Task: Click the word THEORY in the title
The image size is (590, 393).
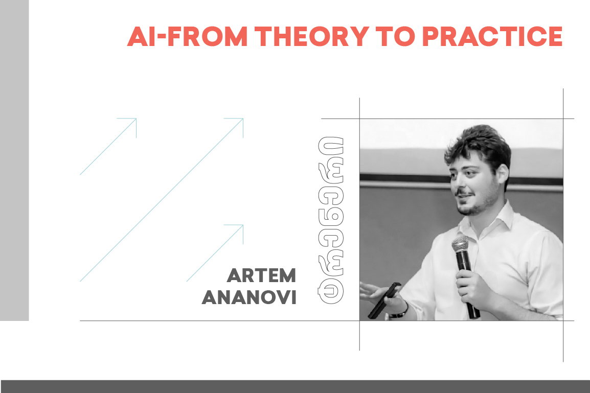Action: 312,36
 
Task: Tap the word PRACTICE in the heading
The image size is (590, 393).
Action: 492,36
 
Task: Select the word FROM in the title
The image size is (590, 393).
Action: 208,36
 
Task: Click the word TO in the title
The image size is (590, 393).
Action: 396,36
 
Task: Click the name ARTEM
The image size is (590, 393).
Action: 261,275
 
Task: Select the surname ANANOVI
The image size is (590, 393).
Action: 249,297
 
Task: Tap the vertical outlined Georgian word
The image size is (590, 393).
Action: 331,220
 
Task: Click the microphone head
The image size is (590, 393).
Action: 461,244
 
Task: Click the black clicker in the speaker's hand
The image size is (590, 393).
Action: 383,300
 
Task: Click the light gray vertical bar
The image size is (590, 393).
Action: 14,160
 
